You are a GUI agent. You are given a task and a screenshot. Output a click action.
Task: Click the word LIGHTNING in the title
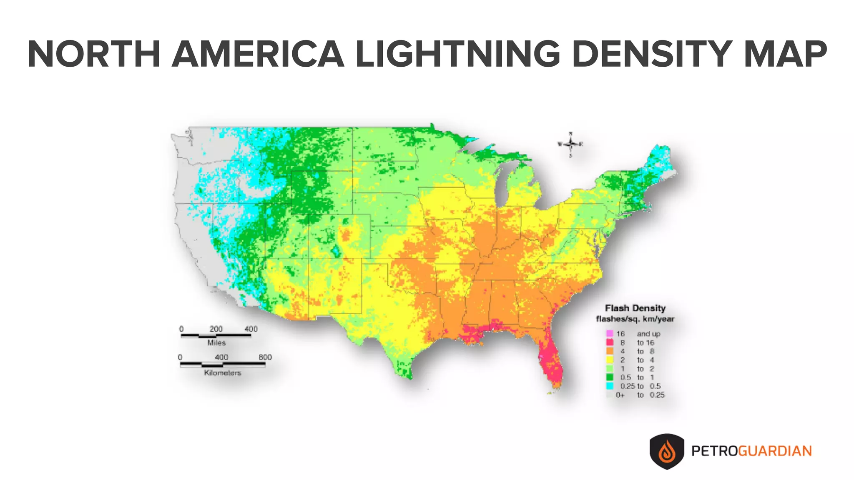point(459,54)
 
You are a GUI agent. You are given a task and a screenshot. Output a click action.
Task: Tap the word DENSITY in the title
point(653,54)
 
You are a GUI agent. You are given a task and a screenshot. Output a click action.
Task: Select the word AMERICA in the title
point(259,54)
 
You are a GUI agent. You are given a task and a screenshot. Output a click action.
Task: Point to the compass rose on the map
point(570,144)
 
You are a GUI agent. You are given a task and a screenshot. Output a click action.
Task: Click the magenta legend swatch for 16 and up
point(610,334)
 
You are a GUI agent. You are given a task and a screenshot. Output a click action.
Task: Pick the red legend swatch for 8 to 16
point(610,342)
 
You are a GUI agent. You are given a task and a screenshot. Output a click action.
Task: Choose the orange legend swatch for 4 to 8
point(610,351)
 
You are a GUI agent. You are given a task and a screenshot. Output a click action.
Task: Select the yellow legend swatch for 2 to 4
point(610,360)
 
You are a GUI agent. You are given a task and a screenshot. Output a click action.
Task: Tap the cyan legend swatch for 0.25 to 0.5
point(610,386)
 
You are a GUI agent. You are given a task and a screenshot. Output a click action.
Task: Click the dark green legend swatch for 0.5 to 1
point(610,377)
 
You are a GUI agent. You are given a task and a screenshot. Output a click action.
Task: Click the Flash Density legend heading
point(635,308)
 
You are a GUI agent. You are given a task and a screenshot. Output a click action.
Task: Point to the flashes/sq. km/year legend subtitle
point(635,319)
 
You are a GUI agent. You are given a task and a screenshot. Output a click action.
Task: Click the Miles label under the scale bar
point(216,343)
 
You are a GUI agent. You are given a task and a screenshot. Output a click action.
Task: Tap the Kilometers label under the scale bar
point(223,373)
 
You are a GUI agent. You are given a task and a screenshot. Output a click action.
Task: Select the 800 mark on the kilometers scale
point(265,357)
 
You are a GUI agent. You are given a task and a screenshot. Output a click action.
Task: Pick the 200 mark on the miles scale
point(216,329)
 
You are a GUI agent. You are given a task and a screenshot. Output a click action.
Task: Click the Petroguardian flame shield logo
point(667,451)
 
